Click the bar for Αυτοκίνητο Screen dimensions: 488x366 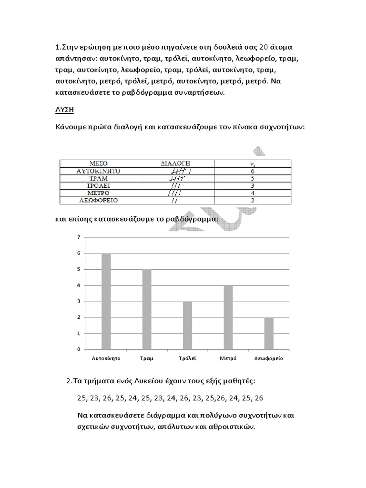(x=106, y=301)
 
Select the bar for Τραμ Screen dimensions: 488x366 (x=147, y=309)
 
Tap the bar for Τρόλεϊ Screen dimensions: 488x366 (x=187, y=325)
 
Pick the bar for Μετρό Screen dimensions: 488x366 (x=228, y=317)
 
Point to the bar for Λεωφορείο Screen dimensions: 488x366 (x=269, y=333)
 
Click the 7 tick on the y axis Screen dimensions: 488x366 (x=78, y=237)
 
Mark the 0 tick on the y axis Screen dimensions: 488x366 (x=78, y=349)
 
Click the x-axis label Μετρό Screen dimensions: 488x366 (x=228, y=357)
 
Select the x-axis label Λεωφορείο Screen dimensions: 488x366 (x=269, y=357)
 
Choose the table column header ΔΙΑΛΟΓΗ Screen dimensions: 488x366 (x=178, y=163)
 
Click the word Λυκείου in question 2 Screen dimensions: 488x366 (x=142, y=381)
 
